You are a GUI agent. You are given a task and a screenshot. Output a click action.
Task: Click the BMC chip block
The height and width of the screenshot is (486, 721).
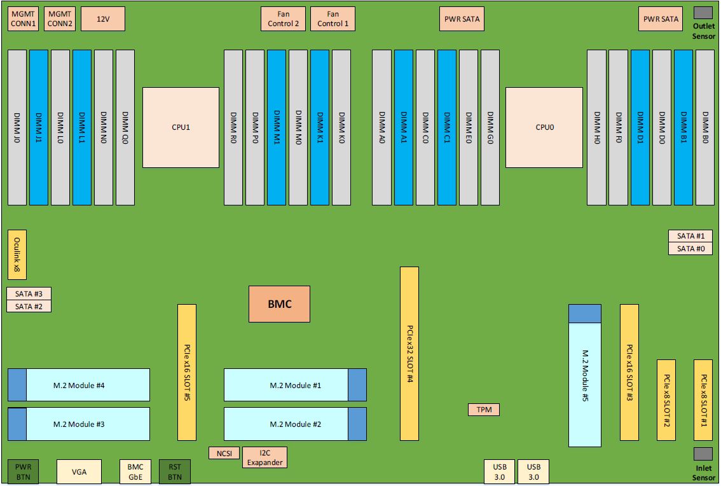(279, 304)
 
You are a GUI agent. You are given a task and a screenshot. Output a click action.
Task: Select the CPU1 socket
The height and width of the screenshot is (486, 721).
(181, 127)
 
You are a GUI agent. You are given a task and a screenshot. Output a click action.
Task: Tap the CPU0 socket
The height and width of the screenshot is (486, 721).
(544, 127)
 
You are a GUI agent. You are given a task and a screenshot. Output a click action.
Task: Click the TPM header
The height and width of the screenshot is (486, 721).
(483, 410)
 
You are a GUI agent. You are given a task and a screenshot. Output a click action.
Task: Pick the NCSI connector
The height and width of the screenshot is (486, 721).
(224, 453)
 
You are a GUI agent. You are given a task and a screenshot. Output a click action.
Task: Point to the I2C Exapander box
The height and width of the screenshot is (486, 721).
(264, 457)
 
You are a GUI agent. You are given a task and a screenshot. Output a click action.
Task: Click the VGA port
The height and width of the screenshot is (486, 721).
(79, 471)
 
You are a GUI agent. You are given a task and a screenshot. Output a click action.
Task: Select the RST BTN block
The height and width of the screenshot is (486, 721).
(174, 471)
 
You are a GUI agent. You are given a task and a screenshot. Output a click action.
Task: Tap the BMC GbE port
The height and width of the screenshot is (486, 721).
(135, 471)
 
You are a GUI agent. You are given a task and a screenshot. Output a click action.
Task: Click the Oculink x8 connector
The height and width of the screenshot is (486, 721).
(17, 254)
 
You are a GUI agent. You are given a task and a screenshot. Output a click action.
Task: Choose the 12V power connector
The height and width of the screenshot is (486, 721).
(103, 19)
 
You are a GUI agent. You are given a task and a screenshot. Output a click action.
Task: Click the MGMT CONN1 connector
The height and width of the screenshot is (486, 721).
(23, 19)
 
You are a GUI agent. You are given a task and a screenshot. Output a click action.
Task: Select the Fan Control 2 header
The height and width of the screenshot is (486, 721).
(283, 19)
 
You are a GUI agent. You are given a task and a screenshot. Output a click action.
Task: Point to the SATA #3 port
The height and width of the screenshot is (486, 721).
(29, 294)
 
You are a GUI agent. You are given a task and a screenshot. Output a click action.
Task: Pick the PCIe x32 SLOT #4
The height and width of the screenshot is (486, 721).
(409, 353)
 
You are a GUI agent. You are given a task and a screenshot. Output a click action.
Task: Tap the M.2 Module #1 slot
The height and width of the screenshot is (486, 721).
(287, 385)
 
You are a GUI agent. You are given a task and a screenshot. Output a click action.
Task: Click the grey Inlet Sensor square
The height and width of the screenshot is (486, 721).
(703, 454)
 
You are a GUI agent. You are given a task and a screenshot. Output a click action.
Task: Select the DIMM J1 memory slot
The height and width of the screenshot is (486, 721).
(39, 127)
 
